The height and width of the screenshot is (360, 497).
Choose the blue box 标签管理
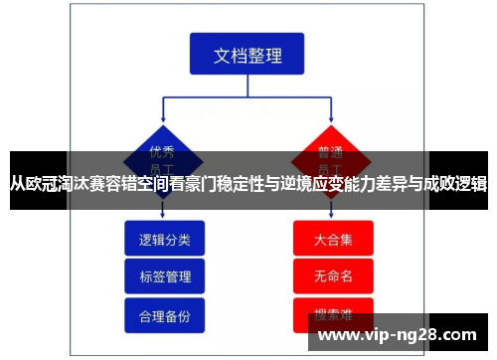coord(165,275)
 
